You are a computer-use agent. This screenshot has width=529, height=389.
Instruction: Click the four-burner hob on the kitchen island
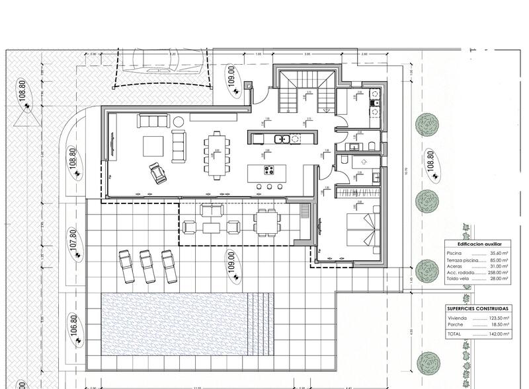(x=270, y=170)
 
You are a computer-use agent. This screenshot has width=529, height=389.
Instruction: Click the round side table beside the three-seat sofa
(x=178, y=121)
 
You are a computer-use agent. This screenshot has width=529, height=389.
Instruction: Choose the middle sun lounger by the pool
(x=148, y=265)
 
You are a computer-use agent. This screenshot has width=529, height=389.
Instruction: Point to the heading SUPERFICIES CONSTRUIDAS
(x=477, y=308)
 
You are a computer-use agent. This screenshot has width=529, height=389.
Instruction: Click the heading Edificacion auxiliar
(x=477, y=244)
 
